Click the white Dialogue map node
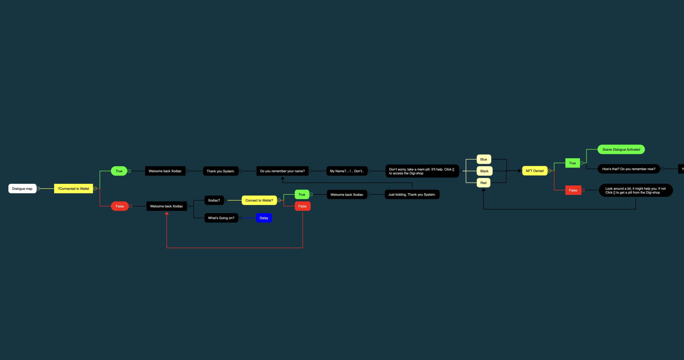coord(22,189)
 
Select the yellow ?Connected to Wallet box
coord(74,189)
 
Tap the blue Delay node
coord(264,218)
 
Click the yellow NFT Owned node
coord(534,171)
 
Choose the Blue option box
coord(484,159)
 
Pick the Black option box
coord(484,171)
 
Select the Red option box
coord(483,183)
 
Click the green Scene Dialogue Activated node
coord(621,150)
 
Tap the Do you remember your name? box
coord(282,171)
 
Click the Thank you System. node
coord(221,171)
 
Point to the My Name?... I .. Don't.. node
coord(347,171)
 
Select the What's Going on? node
coord(221,218)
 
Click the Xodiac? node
coord(214,200)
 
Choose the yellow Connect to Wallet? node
coord(259,200)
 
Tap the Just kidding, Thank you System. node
coord(412,195)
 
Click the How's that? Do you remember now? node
coord(629,169)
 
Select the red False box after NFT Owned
coord(573,190)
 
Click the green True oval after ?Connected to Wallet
coord(119,171)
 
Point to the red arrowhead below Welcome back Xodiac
coord(167,213)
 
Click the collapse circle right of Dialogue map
coord(38,189)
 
